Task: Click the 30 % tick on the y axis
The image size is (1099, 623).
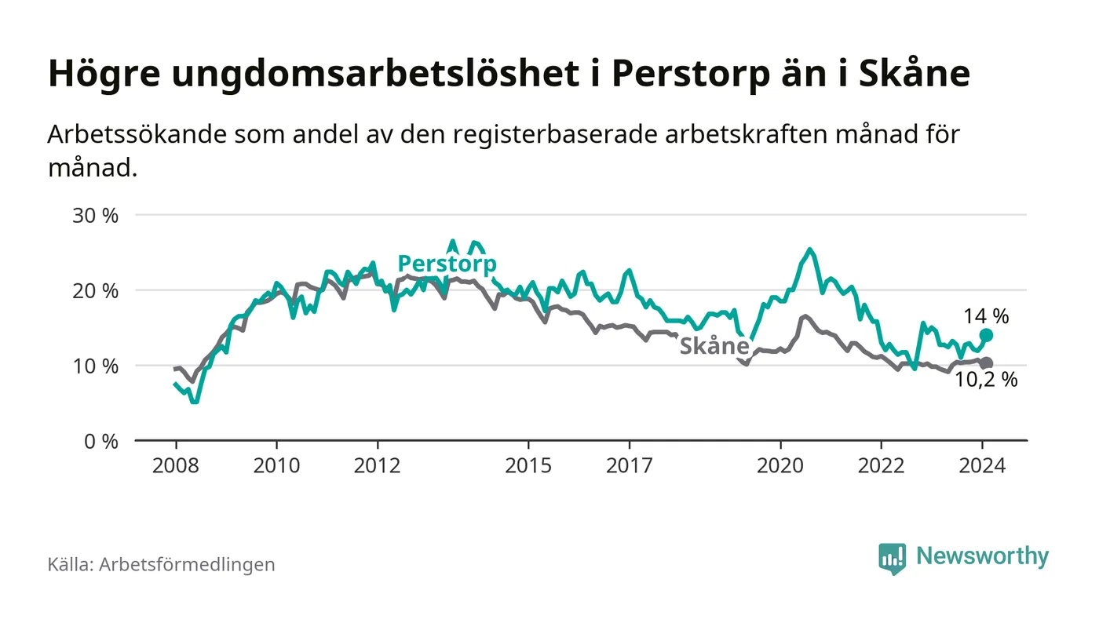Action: tap(95, 215)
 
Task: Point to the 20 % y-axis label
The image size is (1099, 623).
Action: tap(95, 290)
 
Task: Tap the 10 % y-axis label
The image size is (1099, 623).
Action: tap(95, 366)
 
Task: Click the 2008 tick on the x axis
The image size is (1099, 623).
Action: tap(175, 465)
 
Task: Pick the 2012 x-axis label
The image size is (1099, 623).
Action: tap(378, 465)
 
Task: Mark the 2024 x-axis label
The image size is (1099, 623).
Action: tap(983, 465)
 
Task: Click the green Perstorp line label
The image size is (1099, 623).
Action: tap(447, 264)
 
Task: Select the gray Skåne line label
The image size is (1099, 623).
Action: tap(714, 346)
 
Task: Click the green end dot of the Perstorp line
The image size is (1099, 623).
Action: tap(987, 335)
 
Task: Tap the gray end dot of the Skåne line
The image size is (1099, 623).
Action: tap(987, 363)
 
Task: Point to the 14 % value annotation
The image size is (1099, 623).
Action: tap(987, 316)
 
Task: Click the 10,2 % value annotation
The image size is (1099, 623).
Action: tap(986, 381)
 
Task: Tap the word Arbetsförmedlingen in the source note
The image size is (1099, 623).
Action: tap(187, 564)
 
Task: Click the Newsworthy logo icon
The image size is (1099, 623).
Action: tap(892, 558)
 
